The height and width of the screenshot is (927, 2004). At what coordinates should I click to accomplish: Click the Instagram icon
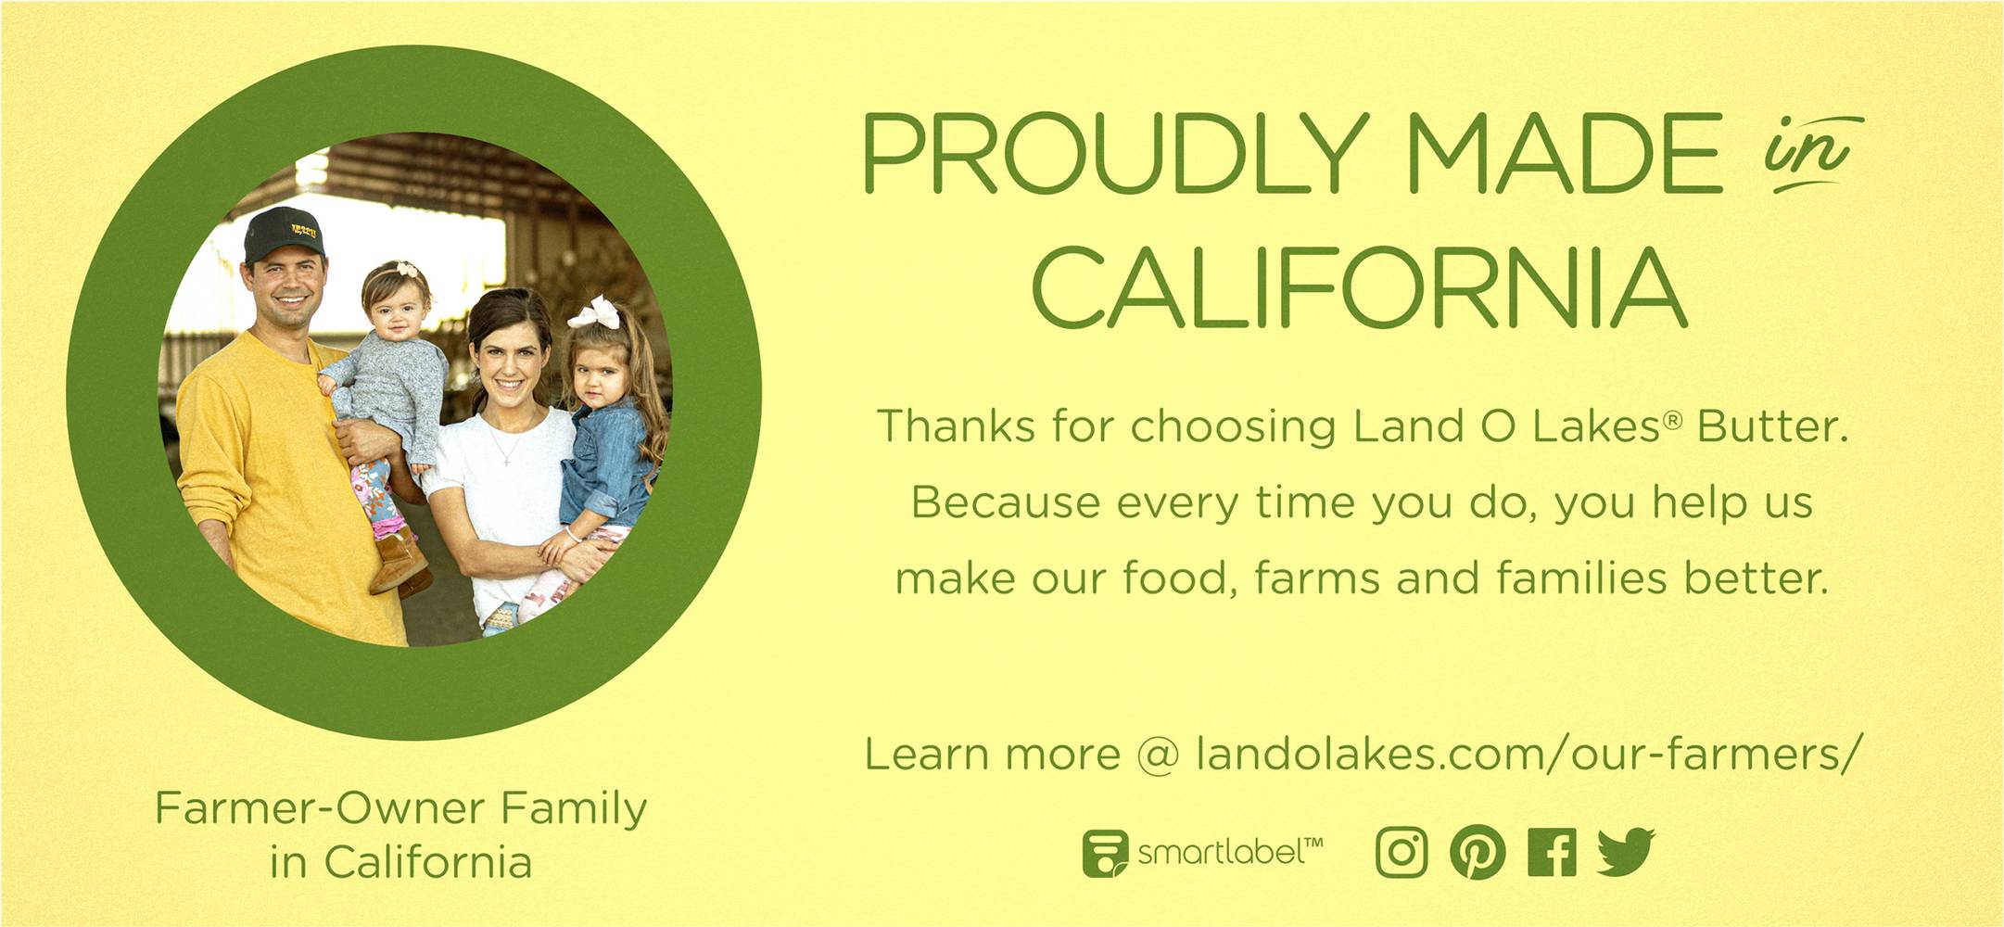pyautogui.click(x=1402, y=852)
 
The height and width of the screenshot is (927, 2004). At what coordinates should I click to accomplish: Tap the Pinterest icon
pyautogui.click(x=1478, y=852)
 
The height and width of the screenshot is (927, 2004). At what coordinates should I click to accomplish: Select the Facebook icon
pyautogui.click(x=1552, y=852)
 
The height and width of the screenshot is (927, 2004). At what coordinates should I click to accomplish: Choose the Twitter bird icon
pyautogui.click(x=1626, y=852)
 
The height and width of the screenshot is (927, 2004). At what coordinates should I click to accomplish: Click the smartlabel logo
pyautogui.click(x=1202, y=853)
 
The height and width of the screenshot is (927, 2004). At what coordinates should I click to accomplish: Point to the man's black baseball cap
pyautogui.click(x=282, y=234)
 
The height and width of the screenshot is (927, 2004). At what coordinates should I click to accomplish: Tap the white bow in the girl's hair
pyautogui.click(x=595, y=312)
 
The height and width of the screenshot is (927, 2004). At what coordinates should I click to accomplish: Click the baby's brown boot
pyautogui.click(x=399, y=561)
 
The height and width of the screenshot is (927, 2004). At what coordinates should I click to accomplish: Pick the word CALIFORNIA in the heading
pyautogui.click(x=1359, y=287)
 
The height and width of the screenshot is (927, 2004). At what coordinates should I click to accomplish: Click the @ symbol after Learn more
pyautogui.click(x=1159, y=755)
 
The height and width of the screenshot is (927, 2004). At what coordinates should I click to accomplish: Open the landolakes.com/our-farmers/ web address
pyautogui.click(x=1528, y=754)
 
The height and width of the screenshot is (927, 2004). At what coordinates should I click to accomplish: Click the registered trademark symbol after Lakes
pyautogui.click(x=1671, y=420)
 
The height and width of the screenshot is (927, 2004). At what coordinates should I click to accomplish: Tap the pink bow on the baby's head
pyautogui.click(x=409, y=269)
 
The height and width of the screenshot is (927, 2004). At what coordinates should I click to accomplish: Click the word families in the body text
pyautogui.click(x=1581, y=578)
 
